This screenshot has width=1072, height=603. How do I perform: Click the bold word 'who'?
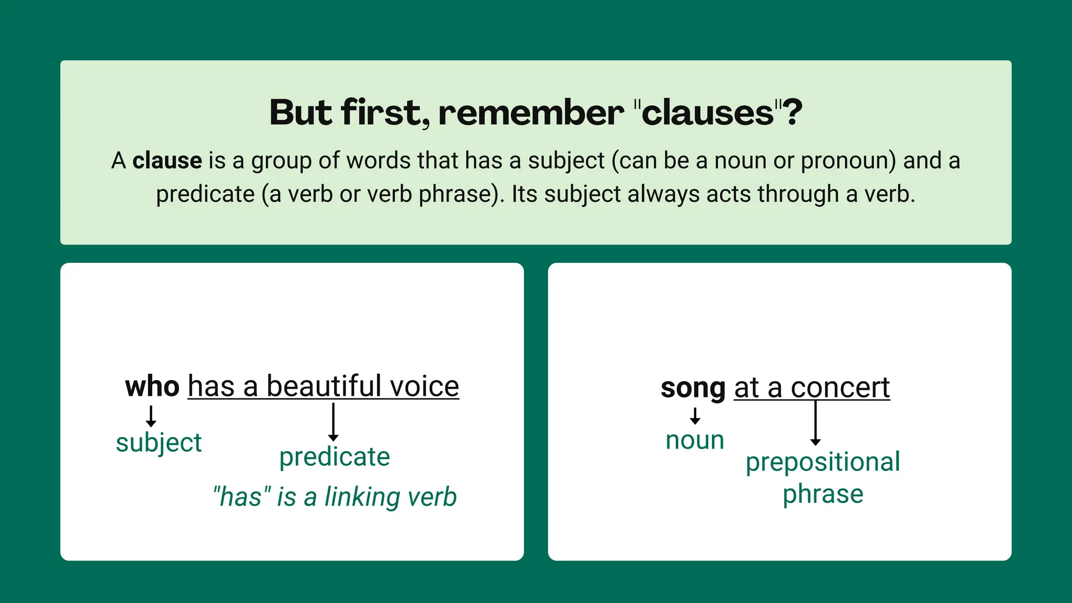[x=152, y=387]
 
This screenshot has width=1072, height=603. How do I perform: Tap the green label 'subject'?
[x=159, y=443]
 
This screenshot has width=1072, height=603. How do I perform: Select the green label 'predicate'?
[x=334, y=457]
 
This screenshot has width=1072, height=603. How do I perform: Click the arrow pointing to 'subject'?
[x=151, y=416]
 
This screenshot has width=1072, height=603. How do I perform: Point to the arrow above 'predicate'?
[x=333, y=422]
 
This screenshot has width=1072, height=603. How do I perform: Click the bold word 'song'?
[x=693, y=388]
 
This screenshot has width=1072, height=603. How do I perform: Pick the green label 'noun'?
[x=695, y=440]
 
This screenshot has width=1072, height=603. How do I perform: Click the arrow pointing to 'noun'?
[x=695, y=416]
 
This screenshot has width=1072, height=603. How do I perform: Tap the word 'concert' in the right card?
[x=840, y=388]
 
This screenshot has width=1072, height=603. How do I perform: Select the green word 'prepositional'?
[x=822, y=462]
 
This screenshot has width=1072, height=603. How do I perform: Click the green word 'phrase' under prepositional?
[x=822, y=494]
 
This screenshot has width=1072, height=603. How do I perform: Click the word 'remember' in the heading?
[x=531, y=113]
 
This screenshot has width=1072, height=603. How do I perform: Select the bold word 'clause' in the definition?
[x=167, y=160]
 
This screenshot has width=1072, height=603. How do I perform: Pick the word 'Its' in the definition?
[x=524, y=194]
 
